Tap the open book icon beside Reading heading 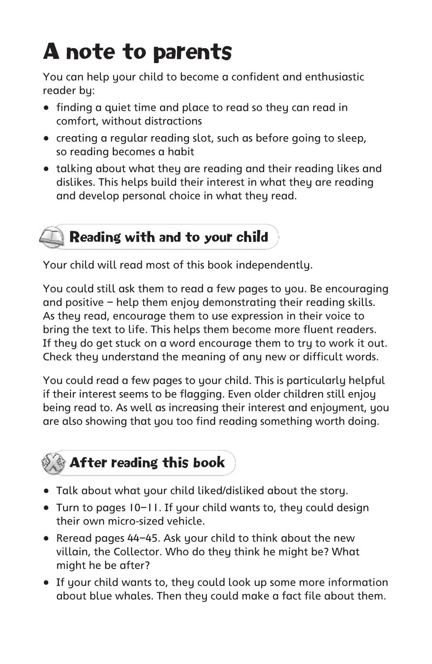(52, 237)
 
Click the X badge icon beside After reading (53, 463)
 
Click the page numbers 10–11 (143, 508)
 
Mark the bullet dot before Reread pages (47, 539)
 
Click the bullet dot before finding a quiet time (47, 108)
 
